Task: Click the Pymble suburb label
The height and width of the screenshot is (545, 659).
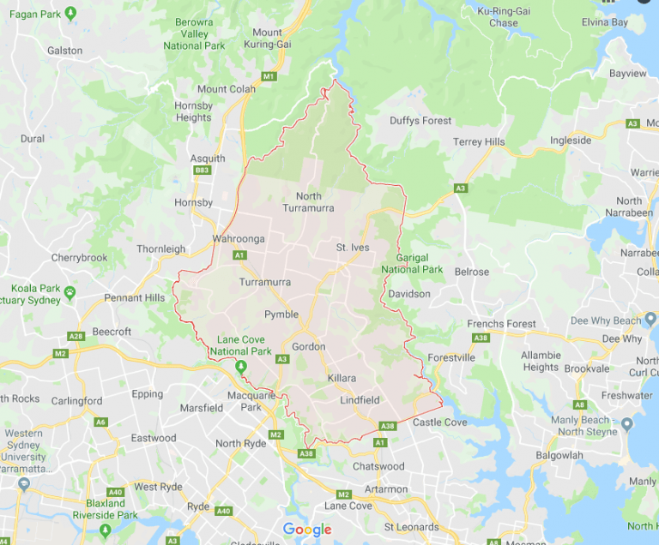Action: click(281, 314)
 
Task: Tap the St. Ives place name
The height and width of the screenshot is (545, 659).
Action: click(352, 248)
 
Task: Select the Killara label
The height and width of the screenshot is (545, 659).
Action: click(341, 378)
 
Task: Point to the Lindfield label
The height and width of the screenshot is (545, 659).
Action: click(360, 400)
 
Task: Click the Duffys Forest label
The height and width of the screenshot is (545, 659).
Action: click(420, 121)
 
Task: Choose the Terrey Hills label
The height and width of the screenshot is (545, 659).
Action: click(480, 142)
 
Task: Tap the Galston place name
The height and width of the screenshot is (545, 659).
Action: click(65, 51)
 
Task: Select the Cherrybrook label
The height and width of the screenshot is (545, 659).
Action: click(79, 257)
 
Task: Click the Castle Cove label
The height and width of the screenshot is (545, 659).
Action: click(439, 422)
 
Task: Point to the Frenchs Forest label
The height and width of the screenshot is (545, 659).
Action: click(501, 324)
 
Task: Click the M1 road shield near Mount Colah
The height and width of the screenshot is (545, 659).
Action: click(269, 77)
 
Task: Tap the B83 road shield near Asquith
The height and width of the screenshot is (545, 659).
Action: click(203, 171)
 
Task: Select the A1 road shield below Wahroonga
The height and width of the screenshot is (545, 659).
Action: click(239, 255)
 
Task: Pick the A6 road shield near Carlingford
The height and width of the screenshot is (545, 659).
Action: click(101, 422)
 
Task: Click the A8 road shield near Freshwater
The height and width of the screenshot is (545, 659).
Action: click(580, 404)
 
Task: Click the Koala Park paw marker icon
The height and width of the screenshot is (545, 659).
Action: click(69, 293)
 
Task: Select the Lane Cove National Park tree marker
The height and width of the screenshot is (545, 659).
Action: click(241, 367)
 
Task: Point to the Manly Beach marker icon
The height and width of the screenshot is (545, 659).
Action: click(627, 424)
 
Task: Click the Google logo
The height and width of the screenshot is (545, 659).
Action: click(306, 530)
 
